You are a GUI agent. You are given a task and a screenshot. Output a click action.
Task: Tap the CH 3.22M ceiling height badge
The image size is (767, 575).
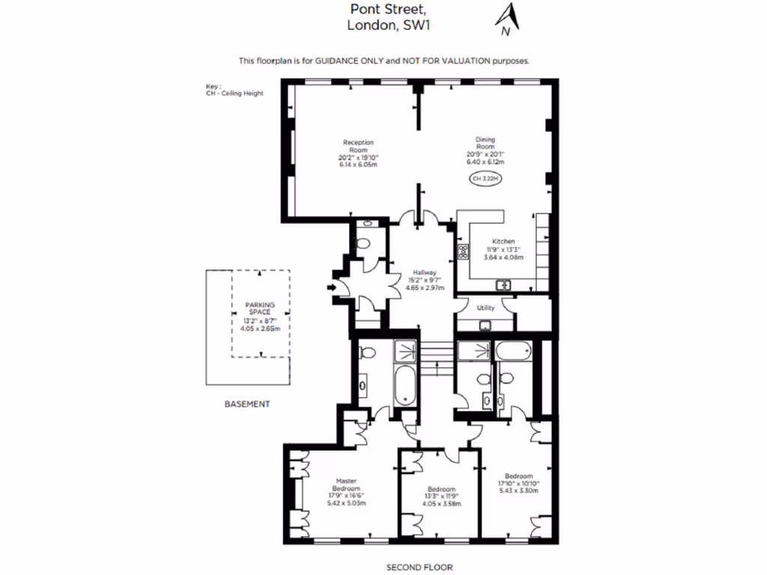click(484, 179)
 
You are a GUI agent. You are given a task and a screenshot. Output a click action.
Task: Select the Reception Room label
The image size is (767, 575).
click(358, 146)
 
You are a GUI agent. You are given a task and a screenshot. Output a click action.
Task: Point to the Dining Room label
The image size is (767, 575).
click(485, 142)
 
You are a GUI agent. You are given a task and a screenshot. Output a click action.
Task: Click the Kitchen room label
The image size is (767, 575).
click(503, 241)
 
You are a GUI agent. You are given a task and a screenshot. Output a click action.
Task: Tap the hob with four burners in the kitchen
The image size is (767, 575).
click(463, 252)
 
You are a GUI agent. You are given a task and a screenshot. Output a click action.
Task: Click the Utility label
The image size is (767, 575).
click(485, 307)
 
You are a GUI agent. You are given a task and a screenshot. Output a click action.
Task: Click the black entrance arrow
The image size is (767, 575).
click(331, 286)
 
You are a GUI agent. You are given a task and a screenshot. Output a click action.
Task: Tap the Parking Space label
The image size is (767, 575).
click(260, 309)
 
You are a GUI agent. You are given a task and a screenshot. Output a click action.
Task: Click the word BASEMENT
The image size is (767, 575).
click(246, 404)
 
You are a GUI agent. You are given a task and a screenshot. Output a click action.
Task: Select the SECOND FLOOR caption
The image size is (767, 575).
click(419, 568)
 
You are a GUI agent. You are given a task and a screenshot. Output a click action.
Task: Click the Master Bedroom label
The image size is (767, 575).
click(346, 485)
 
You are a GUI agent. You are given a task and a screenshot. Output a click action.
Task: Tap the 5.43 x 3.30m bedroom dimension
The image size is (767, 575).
click(518, 492)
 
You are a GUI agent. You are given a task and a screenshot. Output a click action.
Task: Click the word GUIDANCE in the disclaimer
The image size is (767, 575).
click(342, 61)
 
